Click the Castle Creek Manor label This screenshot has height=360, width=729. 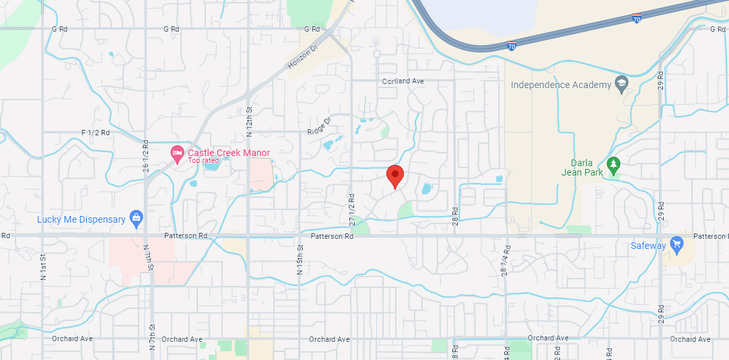click(228, 153)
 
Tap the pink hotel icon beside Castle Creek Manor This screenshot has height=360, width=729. click(177, 153)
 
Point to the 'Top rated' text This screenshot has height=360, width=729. click(203, 161)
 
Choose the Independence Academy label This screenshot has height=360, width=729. click(560, 85)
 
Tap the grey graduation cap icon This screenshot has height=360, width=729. click(621, 84)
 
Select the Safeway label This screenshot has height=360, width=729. click(648, 246)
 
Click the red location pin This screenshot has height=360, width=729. click(395, 176)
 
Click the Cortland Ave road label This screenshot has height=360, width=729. click(403, 81)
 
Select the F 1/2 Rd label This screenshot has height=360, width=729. click(95, 133)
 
